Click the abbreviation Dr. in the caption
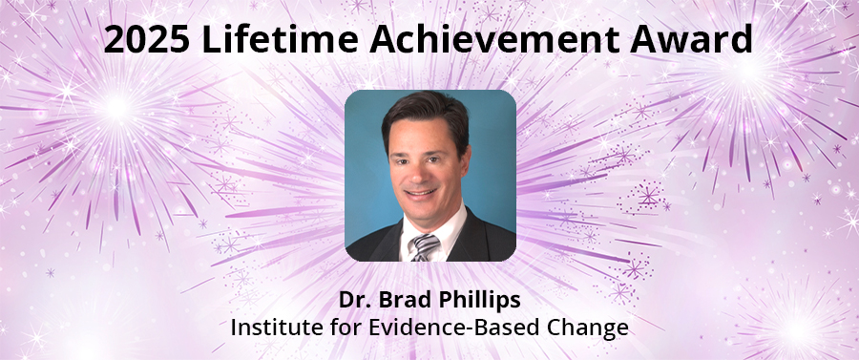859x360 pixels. (x=352, y=300)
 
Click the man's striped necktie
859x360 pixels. (x=424, y=246)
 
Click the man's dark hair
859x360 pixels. (x=425, y=113)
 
